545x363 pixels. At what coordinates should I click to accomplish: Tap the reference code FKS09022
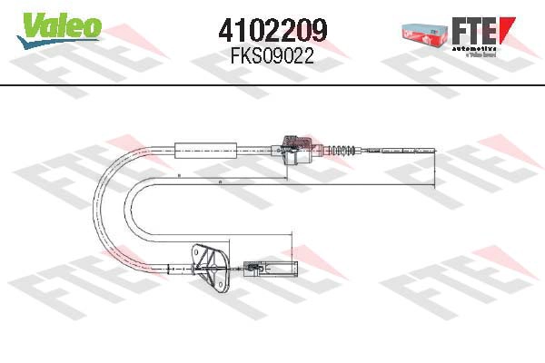(272, 55)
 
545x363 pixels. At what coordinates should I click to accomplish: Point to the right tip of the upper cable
(435, 153)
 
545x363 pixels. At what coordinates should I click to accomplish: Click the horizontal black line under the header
(272, 84)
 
